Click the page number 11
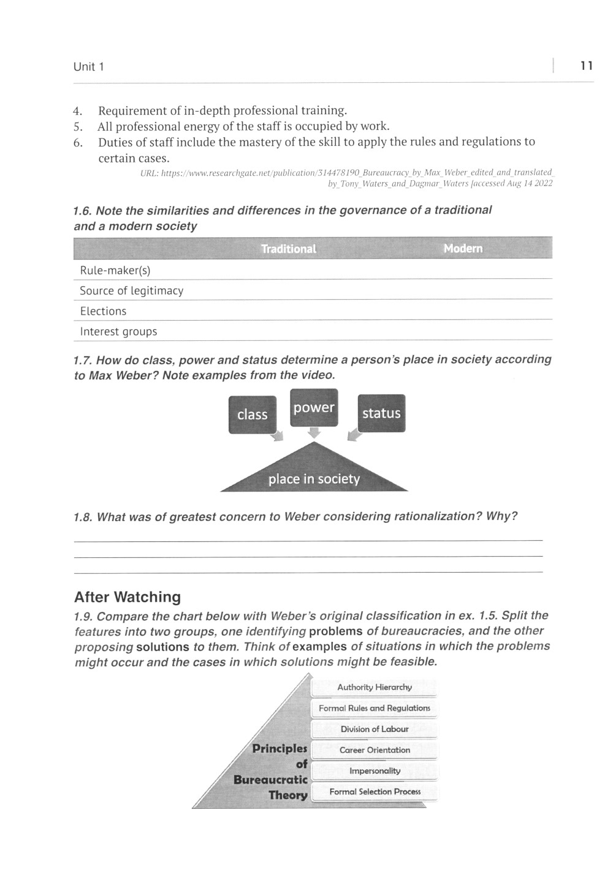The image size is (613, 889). pyautogui.click(x=586, y=66)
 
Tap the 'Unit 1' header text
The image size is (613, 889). pyautogui.click(x=89, y=67)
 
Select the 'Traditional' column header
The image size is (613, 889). pyautogui.click(x=288, y=249)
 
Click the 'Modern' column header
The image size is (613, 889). pyautogui.click(x=463, y=248)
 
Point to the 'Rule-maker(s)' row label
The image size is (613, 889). pyautogui.click(x=115, y=270)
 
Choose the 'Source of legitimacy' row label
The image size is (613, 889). pyautogui.click(x=132, y=291)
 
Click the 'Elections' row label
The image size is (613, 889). pyautogui.click(x=103, y=311)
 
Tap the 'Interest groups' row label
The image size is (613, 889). pyautogui.click(x=118, y=332)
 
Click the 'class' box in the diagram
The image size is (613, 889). pyautogui.click(x=253, y=414)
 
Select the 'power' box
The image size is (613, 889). pyautogui.click(x=314, y=408)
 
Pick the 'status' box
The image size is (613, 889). pyautogui.click(x=381, y=413)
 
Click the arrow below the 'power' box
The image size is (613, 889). pyautogui.click(x=314, y=433)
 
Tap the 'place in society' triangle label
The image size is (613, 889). pyautogui.click(x=314, y=479)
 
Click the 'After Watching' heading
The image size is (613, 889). pyautogui.click(x=128, y=597)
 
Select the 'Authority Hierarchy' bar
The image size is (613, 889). pyautogui.click(x=375, y=687)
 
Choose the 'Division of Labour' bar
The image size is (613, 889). pyautogui.click(x=375, y=729)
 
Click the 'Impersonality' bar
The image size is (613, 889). pyautogui.click(x=375, y=771)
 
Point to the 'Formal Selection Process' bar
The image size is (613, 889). pyautogui.click(x=375, y=792)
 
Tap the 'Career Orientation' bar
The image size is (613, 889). pyautogui.click(x=375, y=750)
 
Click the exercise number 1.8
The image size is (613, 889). pyautogui.click(x=83, y=517)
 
